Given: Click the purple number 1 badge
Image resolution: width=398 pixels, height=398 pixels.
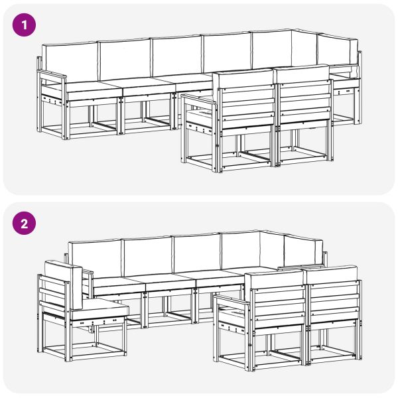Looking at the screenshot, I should tap(25, 26).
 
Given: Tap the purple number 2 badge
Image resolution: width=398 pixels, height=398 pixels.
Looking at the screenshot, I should tap(25, 223).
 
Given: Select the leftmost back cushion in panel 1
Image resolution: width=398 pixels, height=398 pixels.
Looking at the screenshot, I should tap(70, 62).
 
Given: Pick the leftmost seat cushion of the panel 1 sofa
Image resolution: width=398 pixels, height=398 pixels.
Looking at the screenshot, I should tap(93, 87).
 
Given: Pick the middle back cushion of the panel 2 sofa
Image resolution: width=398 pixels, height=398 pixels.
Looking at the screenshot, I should tap(196, 252).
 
